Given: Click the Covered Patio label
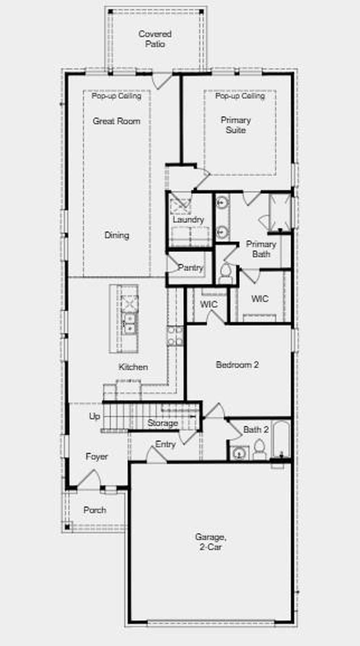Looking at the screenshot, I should pyautogui.click(x=155, y=39).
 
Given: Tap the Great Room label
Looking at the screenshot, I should pyautogui.click(x=116, y=121).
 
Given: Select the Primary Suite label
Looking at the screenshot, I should pyautogui.click(x=236, y=125).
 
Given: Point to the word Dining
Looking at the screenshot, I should pyautogui.click(x=117, y=235).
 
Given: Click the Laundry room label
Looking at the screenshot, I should pyautogui.click(x=188, y=220).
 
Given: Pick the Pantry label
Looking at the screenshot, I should pyautogui.click(x=190, y=268).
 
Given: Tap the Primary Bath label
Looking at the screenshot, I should pyautogui.click(x=261, y=249).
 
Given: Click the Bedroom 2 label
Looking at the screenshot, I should pyautogui.click(x=237, y=365).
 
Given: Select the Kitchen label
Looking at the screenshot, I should pyautogui.click(x=133, y=367).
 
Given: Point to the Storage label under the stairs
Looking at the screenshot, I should pyautogui.click(x=162, y=423).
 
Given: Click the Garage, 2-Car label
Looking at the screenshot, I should pyautogui.click(x=211, y=542).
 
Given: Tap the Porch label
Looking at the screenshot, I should pyautogui.click(x=95, y=510).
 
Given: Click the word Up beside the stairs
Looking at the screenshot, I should pyautogui.click(x=94, y=416).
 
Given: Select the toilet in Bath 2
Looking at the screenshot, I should pyautogui.click(x=260, y=450).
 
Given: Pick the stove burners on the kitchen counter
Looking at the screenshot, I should pyautogui.click(x=175, y=336).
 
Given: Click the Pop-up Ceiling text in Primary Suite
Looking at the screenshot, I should pyautogui.click(x=240, y=96).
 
